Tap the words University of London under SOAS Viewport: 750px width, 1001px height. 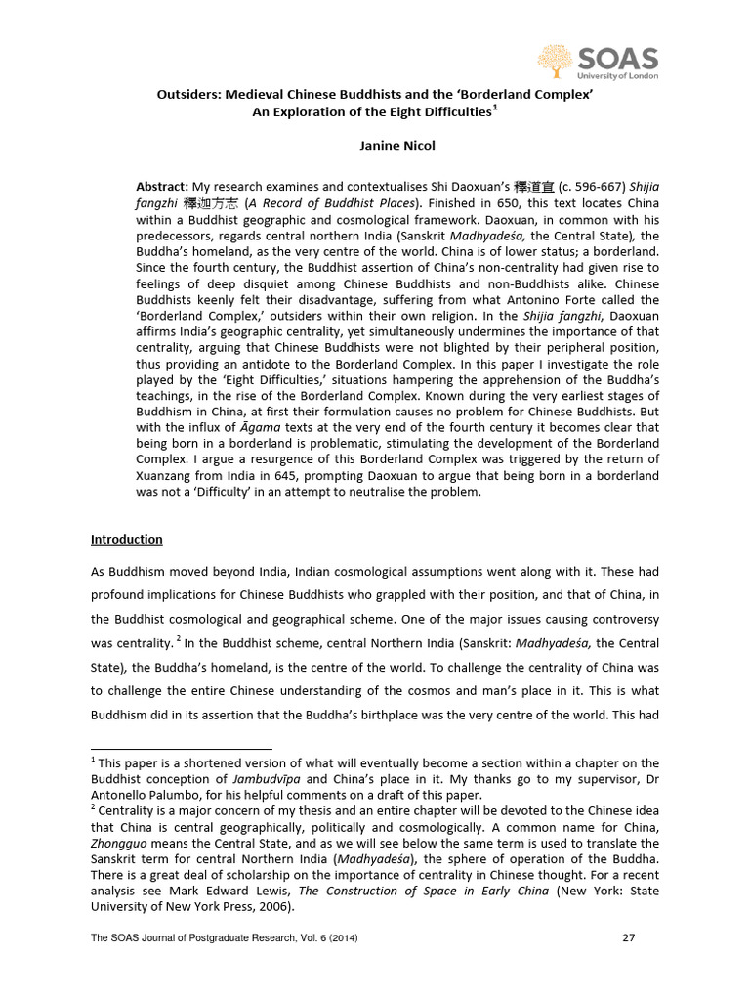click(617, 76)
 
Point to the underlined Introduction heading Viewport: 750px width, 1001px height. click(127, 539)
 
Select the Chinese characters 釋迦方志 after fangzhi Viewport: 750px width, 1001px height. click(206, 203)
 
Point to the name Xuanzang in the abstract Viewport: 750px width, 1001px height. click(166, 475)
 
